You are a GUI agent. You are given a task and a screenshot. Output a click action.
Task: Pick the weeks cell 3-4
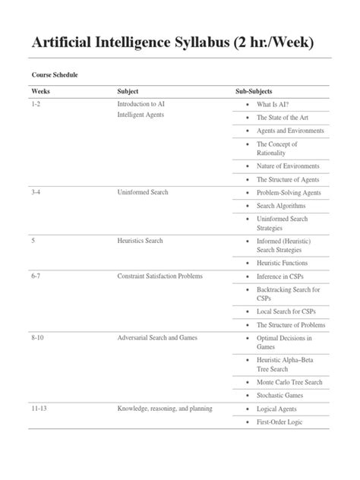point(37,193)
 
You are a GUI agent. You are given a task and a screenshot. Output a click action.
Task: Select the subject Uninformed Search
point(143,193)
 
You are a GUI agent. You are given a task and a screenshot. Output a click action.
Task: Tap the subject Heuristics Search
point(140,241)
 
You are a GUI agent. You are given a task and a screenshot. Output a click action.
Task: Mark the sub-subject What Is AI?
point(278,103)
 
